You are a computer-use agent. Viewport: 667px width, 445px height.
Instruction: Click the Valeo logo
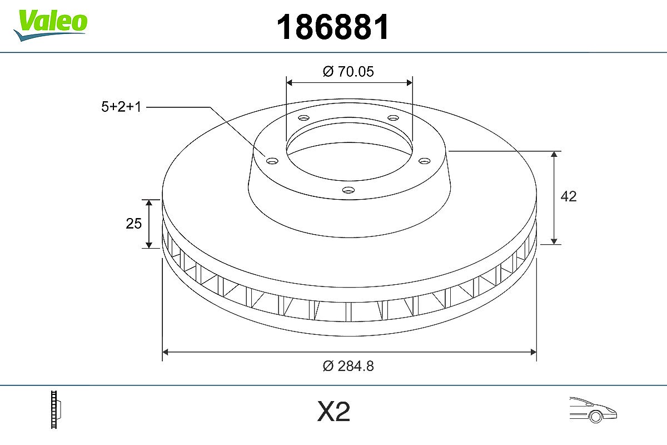[51, 26]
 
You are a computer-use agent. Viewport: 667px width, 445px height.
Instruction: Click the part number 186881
[333, 27]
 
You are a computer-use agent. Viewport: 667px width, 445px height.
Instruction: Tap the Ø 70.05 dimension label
[348, 72]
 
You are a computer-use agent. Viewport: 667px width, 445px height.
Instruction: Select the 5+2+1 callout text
[121, 107]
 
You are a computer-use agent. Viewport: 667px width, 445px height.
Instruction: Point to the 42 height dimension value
[569, 196]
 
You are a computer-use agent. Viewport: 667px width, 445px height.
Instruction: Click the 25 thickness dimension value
[134, 224]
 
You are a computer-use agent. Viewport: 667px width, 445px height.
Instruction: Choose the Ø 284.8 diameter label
[348, 366]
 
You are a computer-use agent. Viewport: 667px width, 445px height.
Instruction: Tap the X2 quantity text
[333, 412]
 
